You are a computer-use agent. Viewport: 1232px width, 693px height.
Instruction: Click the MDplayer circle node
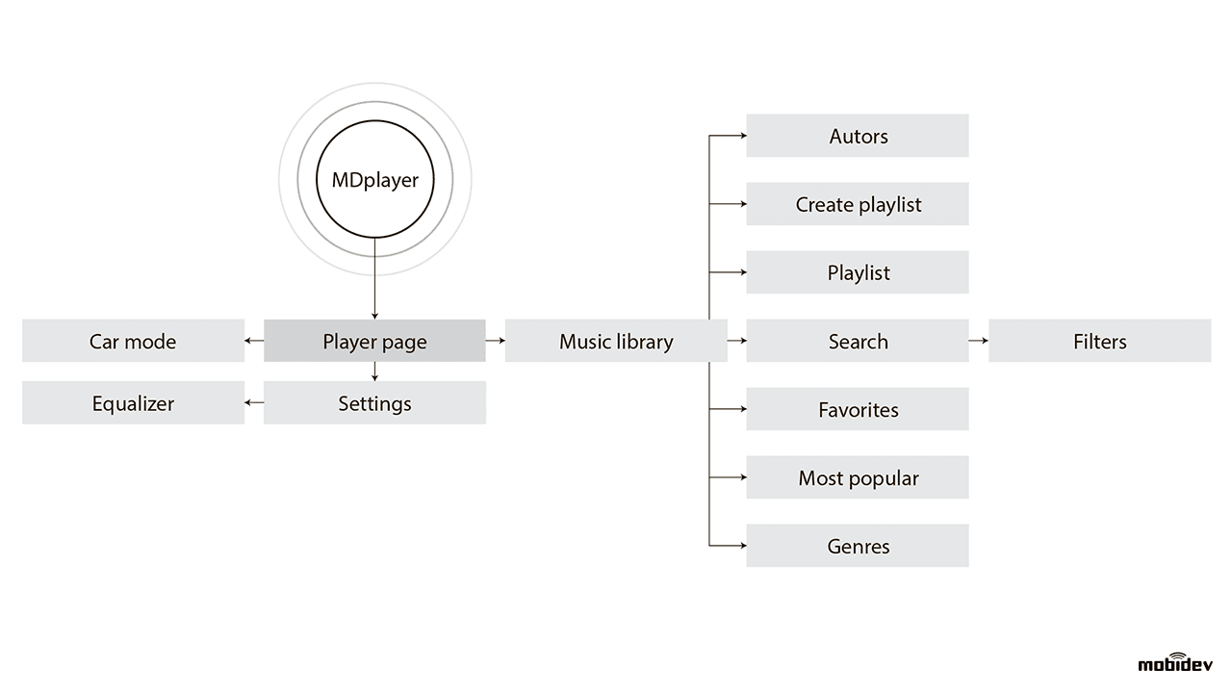(374, 180)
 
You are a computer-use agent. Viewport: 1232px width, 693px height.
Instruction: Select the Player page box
(374, 341)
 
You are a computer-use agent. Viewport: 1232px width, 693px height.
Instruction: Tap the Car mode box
(133, 341)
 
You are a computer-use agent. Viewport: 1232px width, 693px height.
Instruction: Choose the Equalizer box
(133, 403)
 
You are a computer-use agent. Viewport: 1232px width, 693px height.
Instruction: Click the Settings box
(374, 403)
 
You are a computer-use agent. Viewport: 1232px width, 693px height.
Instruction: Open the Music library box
(616, 341)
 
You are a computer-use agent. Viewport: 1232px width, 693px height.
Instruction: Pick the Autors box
(858, 136)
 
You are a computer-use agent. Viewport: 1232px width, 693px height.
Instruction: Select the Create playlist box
(858, 204)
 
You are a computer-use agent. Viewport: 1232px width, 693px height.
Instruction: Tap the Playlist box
(858, 272)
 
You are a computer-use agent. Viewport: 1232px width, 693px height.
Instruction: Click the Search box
(858, 341)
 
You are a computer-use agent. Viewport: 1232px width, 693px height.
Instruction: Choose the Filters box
(1099, 341)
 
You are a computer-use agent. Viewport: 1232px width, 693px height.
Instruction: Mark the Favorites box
(858, 409)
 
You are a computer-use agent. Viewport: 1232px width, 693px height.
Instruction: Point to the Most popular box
(858, 477)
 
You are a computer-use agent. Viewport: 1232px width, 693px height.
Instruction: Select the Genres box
(858, 546)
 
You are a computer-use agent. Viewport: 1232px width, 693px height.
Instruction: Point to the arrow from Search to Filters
(979, 341)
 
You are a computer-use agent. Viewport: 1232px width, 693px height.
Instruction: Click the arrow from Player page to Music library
(496, 341)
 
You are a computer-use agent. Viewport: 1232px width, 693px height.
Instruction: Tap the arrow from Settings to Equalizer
(254, 403)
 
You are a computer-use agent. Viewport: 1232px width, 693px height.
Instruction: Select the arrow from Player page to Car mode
(254, 341)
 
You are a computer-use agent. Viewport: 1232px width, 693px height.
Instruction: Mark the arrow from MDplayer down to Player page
(374, 279)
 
